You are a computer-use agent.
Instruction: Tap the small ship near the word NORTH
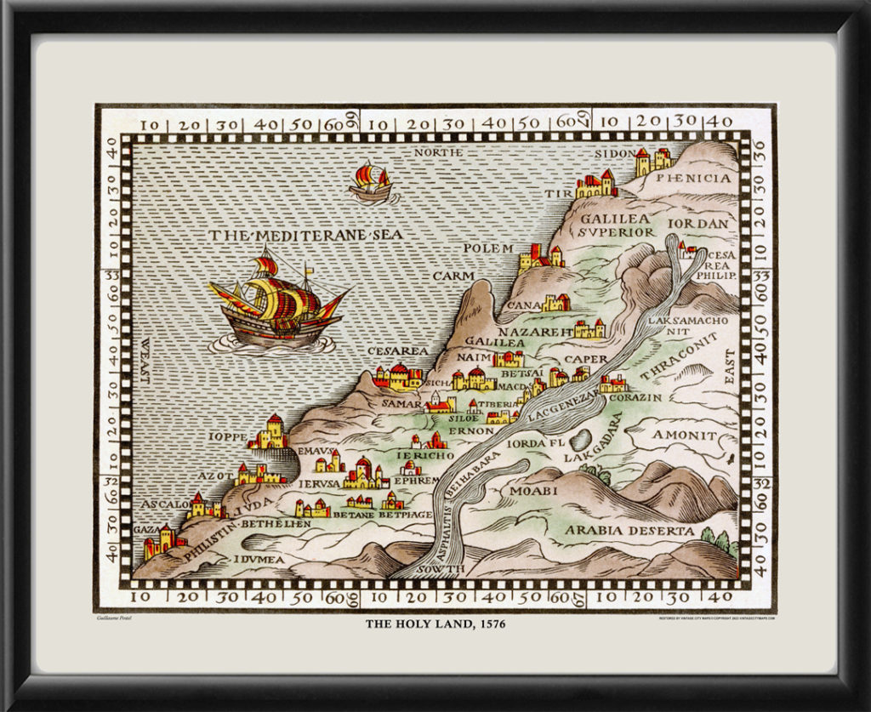[372, 184]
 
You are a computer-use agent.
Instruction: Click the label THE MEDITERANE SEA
[306, 236]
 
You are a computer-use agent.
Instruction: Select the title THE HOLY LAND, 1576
[435, 624]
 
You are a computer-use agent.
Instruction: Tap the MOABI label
[533, 491]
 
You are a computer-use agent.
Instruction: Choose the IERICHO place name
[425, 456]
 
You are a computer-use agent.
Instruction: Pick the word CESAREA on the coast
[397, 350]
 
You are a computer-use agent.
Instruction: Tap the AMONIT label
[684, 435]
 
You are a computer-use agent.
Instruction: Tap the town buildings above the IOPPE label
[270, 433]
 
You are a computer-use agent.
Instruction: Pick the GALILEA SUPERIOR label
[618, 225]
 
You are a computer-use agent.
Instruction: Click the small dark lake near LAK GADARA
[580, 439]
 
